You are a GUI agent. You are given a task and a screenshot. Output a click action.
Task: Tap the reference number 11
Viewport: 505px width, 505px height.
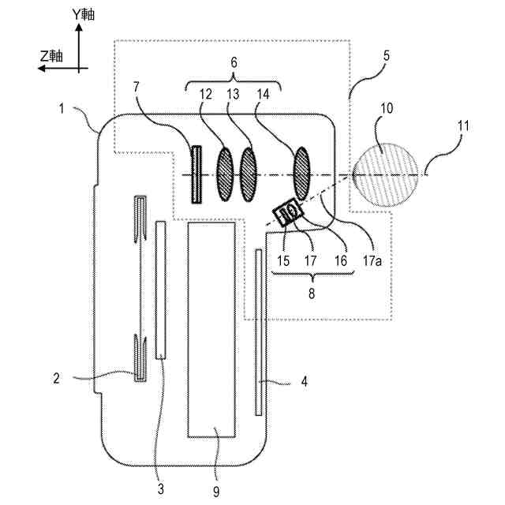(461, 125)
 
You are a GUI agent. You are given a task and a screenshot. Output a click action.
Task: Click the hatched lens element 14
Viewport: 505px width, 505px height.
(303, 170)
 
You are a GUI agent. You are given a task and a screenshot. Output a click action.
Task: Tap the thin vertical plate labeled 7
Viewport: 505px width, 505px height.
(196, 174)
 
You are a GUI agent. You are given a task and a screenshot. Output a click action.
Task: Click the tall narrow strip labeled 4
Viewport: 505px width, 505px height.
(259, 331)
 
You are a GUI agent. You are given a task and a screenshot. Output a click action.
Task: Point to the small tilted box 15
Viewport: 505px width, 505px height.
(287, 212)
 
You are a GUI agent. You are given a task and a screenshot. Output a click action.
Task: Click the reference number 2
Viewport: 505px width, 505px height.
(56, 378)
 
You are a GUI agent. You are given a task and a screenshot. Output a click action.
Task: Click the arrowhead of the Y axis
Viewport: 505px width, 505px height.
(79, 26)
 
